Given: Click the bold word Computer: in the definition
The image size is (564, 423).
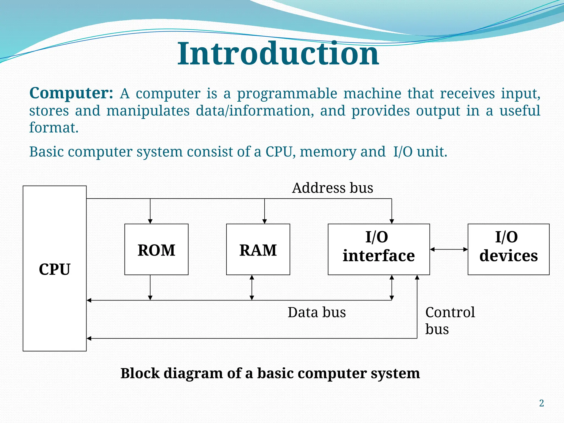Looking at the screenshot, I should coord(71,93).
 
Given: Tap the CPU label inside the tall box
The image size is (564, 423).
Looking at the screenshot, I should coord(55,269).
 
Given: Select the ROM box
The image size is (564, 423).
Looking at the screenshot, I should coord(156,250).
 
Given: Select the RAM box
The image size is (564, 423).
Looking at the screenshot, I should coord(258,250).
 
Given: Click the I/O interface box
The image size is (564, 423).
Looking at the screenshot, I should coord(379,250).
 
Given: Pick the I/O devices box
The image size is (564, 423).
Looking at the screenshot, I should coord(508,250).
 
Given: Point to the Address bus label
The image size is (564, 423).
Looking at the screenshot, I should coord(332,188).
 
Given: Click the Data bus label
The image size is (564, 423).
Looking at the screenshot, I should coord(317,312).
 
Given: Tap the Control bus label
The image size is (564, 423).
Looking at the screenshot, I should coord(450,320).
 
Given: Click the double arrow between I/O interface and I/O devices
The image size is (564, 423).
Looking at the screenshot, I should coord(449,250).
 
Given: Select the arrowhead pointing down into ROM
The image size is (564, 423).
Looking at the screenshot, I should coord(150,221).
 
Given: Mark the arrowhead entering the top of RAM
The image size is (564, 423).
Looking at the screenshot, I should coord(265,221).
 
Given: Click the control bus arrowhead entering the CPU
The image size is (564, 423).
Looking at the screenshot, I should coord(89,338).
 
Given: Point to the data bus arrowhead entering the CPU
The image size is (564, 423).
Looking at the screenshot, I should coord(89,300).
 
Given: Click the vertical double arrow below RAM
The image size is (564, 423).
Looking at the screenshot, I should coord(252,288).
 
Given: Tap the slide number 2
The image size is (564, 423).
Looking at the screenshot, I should coord(541,403).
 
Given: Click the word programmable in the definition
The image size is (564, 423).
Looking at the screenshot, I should coord(287,93).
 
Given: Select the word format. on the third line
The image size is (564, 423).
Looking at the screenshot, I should coord(54,128).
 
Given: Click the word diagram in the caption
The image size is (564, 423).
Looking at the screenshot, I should coord(193,373).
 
